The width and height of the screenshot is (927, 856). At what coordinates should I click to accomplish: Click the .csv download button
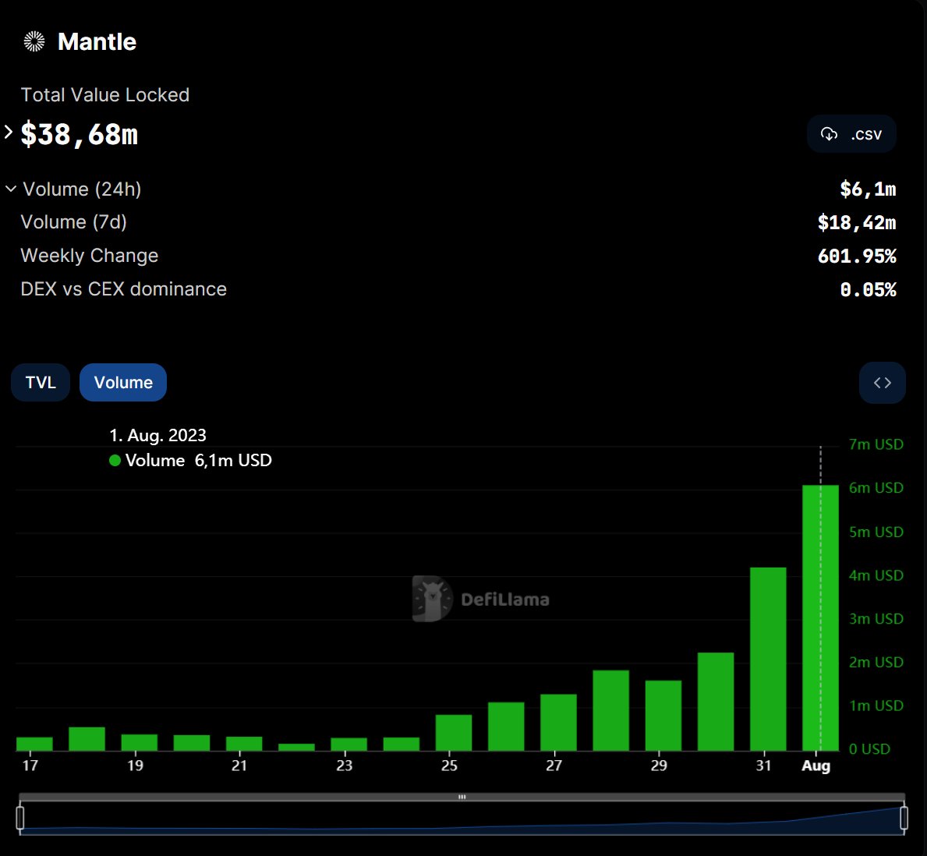click(851, 134)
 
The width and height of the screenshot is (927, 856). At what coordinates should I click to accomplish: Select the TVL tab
click(41, 383)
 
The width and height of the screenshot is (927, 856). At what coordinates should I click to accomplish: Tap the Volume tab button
click(123, 383)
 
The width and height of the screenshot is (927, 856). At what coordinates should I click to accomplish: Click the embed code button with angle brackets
click(882, 383)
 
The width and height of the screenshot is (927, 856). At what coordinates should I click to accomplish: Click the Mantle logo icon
click(34, 41)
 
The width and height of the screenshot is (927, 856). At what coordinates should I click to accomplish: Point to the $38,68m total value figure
click(80, 135)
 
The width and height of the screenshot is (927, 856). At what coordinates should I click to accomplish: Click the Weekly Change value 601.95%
click(857, 256)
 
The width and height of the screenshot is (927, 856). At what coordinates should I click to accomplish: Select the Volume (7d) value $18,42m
click(856, 223)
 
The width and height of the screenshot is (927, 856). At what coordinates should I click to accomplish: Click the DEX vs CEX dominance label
click(123, 289)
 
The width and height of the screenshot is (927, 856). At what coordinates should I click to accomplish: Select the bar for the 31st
click(768, 659)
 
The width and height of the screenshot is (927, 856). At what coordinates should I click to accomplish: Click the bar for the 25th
click(454, 733)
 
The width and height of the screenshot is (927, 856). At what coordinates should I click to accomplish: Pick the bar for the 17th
click(34, 744)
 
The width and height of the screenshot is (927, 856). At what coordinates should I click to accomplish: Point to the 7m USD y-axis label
click(876, 444)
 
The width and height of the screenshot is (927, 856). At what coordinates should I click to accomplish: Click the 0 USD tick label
click(869, 749)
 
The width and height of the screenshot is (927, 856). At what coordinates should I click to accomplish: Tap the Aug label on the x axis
click(816, 766)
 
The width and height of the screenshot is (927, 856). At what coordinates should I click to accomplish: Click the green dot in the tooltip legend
click(115, 461)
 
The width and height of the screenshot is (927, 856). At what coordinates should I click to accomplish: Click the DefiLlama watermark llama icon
click(431, 599)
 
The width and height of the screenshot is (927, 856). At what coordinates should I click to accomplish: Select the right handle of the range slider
click(904, 818)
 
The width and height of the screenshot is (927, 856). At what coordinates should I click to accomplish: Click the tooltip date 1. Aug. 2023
click(157, 435)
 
